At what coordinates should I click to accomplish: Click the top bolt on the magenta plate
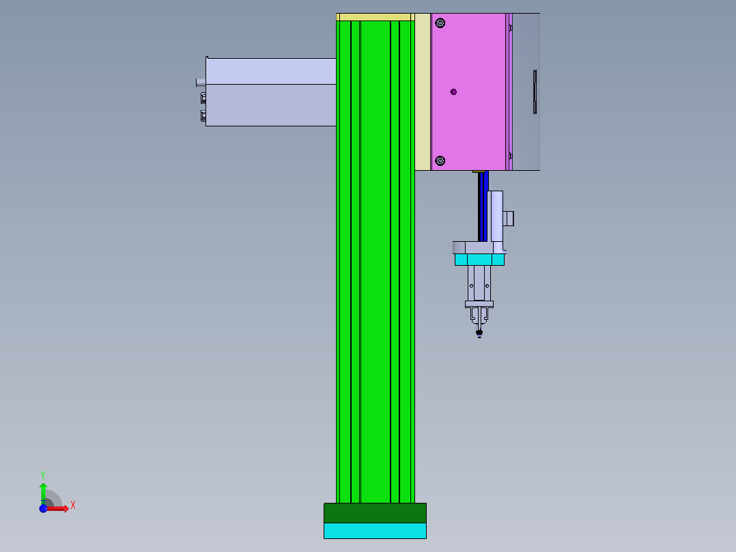coord(440,23)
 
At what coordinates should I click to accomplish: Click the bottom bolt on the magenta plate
coord(440,161)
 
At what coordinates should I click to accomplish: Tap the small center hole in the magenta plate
coord(453,92)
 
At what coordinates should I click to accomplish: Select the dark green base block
coord(375,513)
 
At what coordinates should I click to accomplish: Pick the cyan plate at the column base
coord(375,531)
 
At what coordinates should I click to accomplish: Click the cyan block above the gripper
coord(479,260)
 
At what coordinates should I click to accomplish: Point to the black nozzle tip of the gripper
coord(479,333)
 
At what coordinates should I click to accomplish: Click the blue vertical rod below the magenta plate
coord(485,205)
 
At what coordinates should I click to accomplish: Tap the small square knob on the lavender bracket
coord(509,219)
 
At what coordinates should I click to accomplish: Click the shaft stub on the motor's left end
coord(200,82)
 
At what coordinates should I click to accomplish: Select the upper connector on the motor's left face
coord(203,98)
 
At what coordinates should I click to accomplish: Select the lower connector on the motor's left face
coord(203,115)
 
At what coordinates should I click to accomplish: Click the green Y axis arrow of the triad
coord(43,491)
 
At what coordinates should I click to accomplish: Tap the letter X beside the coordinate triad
coord(73,506)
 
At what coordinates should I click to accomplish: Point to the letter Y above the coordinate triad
coord(43,475)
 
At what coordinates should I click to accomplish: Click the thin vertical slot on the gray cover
coord(535,92)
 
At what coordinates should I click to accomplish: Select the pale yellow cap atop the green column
coord(375,16)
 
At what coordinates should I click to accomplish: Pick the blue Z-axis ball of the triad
coord(43,508)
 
